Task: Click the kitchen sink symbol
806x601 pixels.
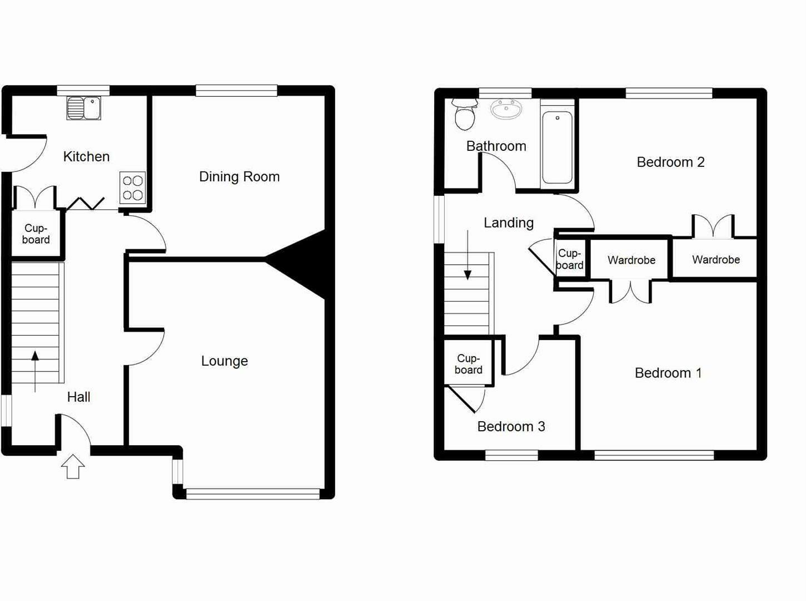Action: coord(83,108)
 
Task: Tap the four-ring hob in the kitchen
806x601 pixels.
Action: coord(133,188)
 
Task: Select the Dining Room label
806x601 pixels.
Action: coord(239,176)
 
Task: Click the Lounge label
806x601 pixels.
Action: coord(225,361)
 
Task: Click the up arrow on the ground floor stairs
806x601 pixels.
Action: coord(35,370)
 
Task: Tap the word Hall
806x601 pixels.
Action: coord(78,397)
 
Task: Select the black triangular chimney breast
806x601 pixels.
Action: coord(303,264)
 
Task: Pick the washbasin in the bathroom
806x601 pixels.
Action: coord(506,109)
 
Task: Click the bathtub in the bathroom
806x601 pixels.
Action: coord(557,147)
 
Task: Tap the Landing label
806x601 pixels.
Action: coord(508,223)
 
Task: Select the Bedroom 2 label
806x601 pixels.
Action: coord(670,162)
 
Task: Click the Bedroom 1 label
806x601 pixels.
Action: coord(668,373)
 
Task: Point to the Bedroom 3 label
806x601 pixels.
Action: coord(511,426)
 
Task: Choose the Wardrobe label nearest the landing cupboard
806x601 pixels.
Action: coord(631,260)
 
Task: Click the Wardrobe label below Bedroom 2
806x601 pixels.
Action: coord(715,259)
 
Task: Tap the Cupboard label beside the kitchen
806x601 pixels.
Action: coord(36,234)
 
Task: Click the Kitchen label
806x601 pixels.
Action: coord(86,156)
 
